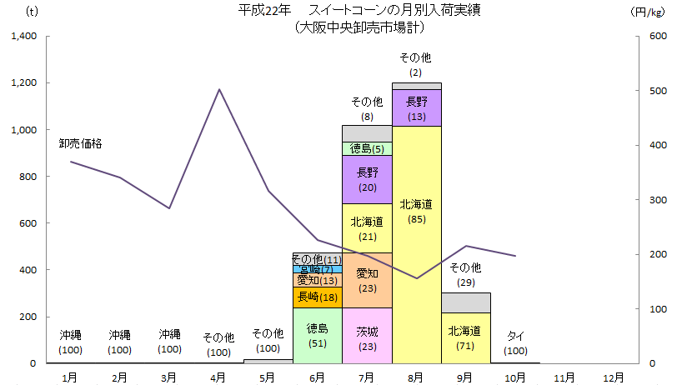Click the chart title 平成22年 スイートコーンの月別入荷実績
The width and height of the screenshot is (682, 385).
click(x=359, y=11)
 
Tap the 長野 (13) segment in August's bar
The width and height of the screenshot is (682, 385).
click(x=417, y=108)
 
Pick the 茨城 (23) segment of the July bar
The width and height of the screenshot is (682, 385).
click(x=367, y=336)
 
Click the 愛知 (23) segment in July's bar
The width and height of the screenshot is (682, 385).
click(x=367, y=280)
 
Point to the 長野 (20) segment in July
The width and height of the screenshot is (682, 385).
click(x=367, y=179)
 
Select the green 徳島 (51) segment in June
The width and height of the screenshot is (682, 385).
click(x=318, y=335)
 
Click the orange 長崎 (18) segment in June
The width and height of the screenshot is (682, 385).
click(x=318, y=297)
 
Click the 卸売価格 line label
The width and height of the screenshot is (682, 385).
click(x=81, y=143)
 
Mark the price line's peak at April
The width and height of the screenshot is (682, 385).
click(x=218, y=89)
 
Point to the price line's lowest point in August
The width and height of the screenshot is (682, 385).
click(x=417, y=278)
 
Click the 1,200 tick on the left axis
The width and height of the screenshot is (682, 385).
click(x=23, y=83)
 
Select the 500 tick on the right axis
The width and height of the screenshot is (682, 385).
click(x=658, y=91)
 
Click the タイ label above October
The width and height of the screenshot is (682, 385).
click(x=516, y=336)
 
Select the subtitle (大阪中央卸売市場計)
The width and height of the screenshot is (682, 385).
click(x=359, y=27)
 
